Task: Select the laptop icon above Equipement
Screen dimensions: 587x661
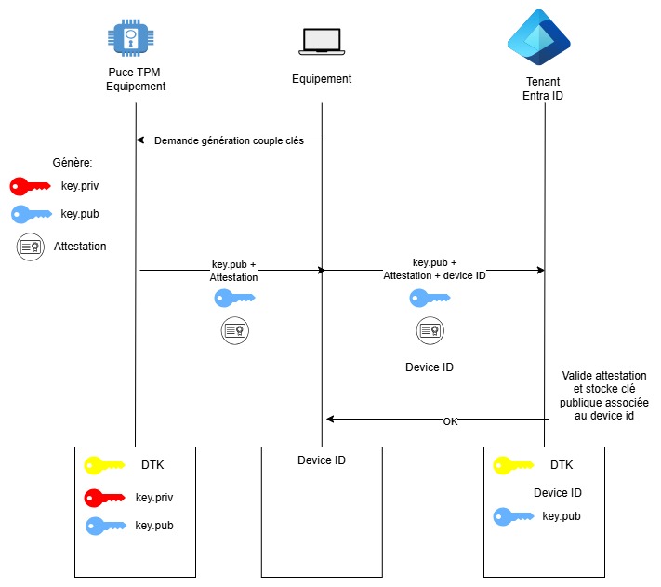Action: click(x=322, y=40)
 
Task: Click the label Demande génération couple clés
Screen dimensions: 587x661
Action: click(x=229, y=140)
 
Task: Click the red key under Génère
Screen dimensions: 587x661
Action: click(x=31, y=186)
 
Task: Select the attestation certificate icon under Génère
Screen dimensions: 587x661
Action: click(x=31, y=247)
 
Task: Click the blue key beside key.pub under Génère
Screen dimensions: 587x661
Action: click(x=31, y=214)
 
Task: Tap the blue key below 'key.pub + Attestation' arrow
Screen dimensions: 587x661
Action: click(x=234, y=299)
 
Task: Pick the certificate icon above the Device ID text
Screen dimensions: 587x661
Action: click(x=429, y=330)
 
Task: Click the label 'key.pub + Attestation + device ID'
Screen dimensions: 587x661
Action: click(x=434, y=269)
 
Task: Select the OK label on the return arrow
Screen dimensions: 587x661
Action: click(x=450, y=421)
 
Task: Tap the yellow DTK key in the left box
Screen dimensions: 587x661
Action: click(x=104, y=464)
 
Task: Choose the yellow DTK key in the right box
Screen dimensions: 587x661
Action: click(x=513, y=464)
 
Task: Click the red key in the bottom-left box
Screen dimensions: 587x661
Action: click(x=104, y=498)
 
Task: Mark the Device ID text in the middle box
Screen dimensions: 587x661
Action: click(x=322, y=460)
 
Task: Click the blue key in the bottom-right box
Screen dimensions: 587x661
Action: click(x=513, y=515)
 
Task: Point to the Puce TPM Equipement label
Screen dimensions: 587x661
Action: click(x=136, y=80)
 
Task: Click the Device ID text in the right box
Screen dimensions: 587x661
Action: click(x=558, y=492)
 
